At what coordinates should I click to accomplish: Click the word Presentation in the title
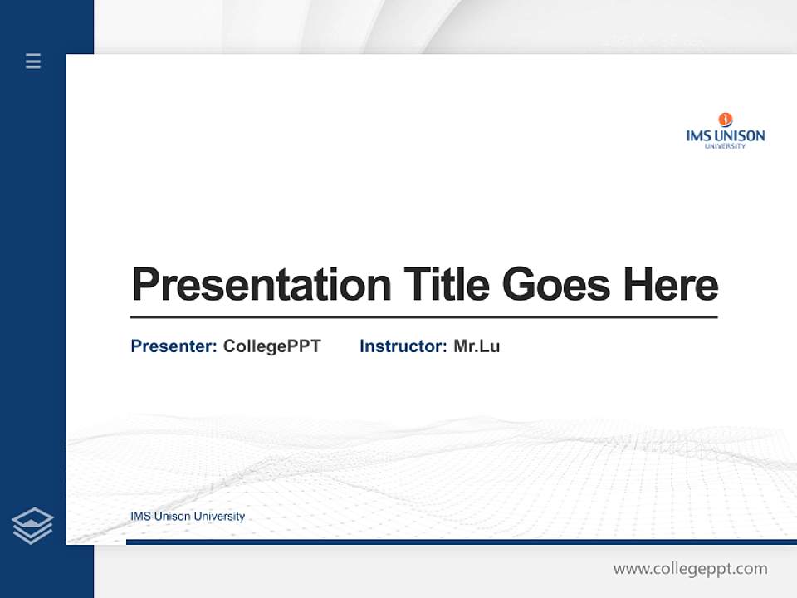point(262,285)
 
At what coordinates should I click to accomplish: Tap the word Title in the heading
point(446,285)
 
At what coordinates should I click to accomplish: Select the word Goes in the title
point(556,285)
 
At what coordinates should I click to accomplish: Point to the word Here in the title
point(670,285)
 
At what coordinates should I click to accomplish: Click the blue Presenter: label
point(174,346)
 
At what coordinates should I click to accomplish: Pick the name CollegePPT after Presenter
point(271,346)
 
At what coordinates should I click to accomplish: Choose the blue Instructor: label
point(403,346)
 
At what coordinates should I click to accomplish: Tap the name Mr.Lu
point(477,346)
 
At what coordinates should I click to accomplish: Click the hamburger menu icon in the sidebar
point(33,61)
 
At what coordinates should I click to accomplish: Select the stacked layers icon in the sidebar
point(32,526)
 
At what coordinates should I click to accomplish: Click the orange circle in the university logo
point(726,120)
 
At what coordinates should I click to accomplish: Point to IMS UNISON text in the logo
point(725,135)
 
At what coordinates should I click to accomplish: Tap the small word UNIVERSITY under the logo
point(725,147)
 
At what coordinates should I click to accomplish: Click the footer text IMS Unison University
point(188,517)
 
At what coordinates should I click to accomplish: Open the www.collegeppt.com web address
point(690,569)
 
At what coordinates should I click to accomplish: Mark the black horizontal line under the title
point(423,316)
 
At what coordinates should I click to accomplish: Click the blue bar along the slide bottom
point(461,542)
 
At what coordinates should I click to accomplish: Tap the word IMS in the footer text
point(140,517)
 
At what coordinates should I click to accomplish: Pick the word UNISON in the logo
point(738,135)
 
